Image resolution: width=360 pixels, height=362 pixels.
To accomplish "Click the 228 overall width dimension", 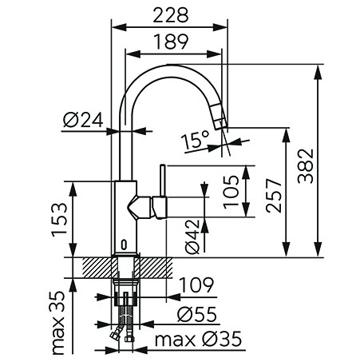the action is [171, 15].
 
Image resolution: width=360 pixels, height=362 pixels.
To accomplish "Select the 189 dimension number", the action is [172, 42].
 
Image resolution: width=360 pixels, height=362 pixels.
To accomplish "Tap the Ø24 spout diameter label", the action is [83, 120].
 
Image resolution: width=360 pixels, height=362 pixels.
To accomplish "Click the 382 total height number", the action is [306, 165].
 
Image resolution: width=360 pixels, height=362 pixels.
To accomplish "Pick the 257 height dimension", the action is [274, 196].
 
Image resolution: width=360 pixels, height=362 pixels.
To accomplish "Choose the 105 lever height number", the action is [231, 192].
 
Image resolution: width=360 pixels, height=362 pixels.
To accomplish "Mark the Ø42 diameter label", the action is [192, 237].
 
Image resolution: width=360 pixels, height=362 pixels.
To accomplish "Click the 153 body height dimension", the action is [59, 220].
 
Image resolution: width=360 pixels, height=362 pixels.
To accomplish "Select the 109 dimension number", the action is [197, 285].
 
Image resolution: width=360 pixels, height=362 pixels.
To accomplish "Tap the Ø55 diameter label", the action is [197, 314].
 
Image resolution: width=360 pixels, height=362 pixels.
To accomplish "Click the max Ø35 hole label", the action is [198, 339].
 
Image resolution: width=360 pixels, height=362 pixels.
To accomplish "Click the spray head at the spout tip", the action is [219, 116].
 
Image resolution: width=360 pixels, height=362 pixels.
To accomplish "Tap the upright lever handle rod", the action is [163, 181].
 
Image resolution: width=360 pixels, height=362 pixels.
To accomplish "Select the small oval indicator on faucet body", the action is [124, 245].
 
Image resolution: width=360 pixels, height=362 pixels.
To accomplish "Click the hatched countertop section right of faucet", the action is [153, 268].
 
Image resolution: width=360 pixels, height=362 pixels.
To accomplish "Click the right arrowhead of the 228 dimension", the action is [220, 27].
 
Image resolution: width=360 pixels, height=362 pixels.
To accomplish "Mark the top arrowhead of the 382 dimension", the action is [318, 72].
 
